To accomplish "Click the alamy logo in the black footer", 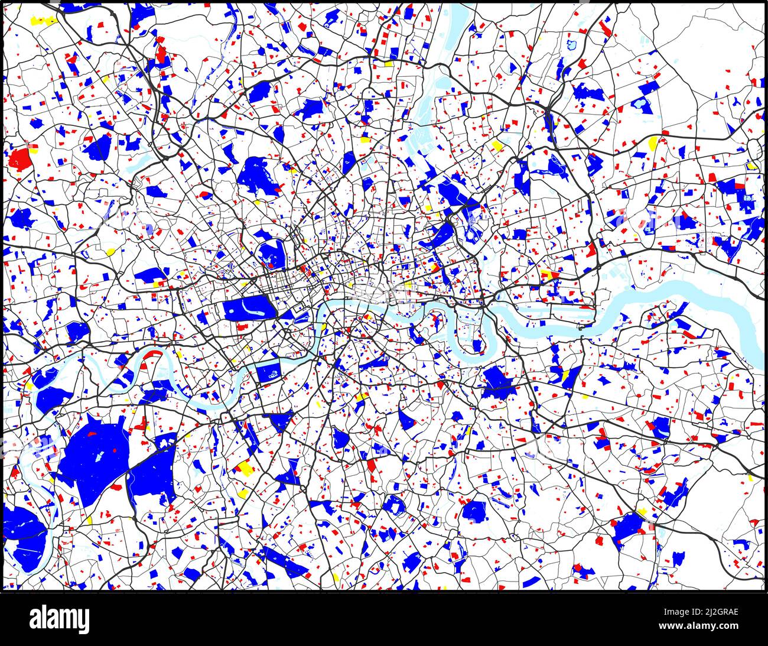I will click(60, 619).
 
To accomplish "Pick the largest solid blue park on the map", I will click(95, 455).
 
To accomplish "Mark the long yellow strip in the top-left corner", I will click(43, 21).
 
